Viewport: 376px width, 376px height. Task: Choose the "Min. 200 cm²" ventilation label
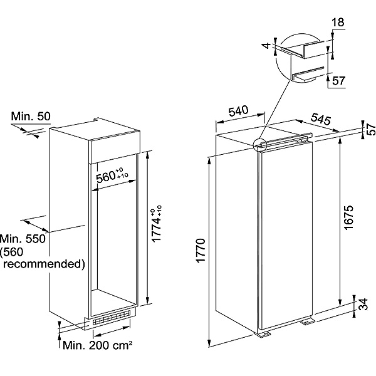(x=97, y=345)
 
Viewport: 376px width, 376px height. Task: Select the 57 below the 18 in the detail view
(x=338, y=80)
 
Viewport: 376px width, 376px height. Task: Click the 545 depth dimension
(x=320, y=118)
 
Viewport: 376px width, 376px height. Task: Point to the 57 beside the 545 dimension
(x=370, y=130)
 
